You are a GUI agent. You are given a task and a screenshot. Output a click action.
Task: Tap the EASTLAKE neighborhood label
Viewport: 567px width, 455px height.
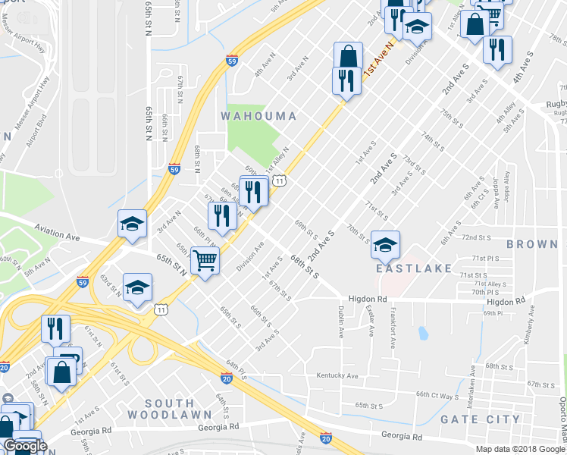click(x=412, y=268)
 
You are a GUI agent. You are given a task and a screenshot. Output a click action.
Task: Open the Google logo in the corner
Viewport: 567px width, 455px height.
click(x=26, y=446)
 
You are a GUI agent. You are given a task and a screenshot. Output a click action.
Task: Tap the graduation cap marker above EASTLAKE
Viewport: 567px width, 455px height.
click(x=385, y=244)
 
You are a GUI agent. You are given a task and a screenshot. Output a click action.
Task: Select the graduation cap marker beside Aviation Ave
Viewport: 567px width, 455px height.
click(x=132, y=224)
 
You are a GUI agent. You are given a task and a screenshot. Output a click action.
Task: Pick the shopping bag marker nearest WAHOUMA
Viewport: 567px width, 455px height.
click(x=348, y=55)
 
